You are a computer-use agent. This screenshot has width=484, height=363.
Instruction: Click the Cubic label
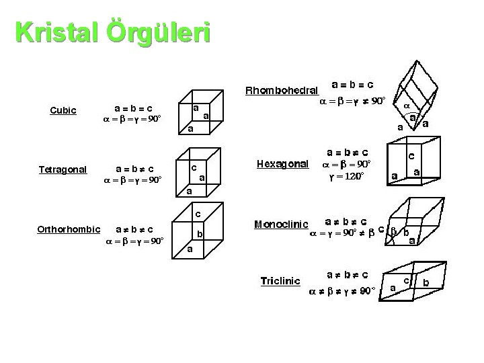pyautogui.click(x=64, y=110)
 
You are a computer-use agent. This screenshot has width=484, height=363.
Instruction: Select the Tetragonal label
pyautogui.click(x=63, y=169)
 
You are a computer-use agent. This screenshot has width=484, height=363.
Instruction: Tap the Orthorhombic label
pyautogui.click(x=69, y=230)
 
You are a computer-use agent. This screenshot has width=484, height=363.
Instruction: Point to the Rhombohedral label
pyautogui.click(x=282, y=89)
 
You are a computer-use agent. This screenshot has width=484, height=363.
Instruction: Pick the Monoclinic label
pyautogui.click(x=282, y=224)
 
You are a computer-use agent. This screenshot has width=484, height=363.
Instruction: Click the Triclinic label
pyautogui.click(x=280, y=280)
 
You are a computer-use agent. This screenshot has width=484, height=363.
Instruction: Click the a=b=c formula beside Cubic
pyautogui.click(x=132, y=107)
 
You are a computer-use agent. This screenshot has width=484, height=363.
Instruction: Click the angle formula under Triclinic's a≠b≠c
pyautogui.click(x=341, y=291)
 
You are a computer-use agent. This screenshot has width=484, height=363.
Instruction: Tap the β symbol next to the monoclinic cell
pyautogui.click(x=395, y=231)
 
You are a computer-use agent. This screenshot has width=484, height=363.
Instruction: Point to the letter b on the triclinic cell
pyautogui.click(x=426, y=283)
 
